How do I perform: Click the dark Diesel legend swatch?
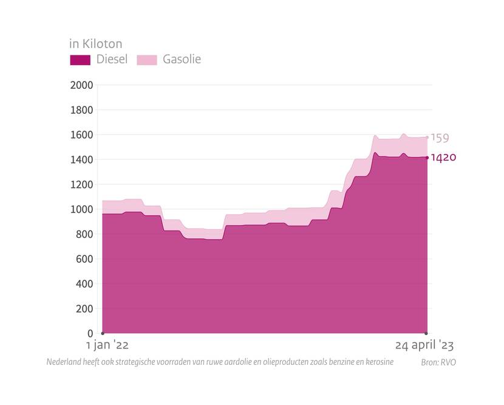pyautogui.click(x=80, y=60)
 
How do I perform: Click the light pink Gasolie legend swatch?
pyautogui.click(x=146, y=60)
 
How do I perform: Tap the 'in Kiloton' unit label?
pyautogui.click(x=95, y=44)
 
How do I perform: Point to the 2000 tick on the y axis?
pyautogui.click(x=82, y=85)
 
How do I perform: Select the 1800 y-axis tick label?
pyautogui.click(x=82, y=110)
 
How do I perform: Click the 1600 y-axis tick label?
pyautogui.click(x=82, y=135)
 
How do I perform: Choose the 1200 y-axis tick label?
pyautogui.click(x=82, y=184)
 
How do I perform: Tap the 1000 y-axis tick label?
pyautogui.click(x=82, y=209)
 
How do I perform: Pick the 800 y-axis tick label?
pyautogui.click(x=84, y=234)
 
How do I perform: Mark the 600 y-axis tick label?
pyautogui.click(x=84, y=259)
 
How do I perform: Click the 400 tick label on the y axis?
pyautogui.click(x=84, y=284)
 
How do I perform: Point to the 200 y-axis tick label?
pyautogui.click(x=84, y=309)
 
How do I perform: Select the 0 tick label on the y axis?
pyautogui.click(x=90, y=334)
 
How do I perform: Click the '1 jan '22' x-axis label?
pyautogui.click(x=107, y=345)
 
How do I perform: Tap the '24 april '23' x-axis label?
pyautogui.click(x=424, y=345)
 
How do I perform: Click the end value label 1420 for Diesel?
pyautogui.click(x=443, y=157)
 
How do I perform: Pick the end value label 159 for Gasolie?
pyautogui.click(x=440, y=138)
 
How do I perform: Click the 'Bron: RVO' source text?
pyautogui.click(x=438, y=362)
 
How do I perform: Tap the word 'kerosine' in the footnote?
pyautogui.click(x=378, y=362)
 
